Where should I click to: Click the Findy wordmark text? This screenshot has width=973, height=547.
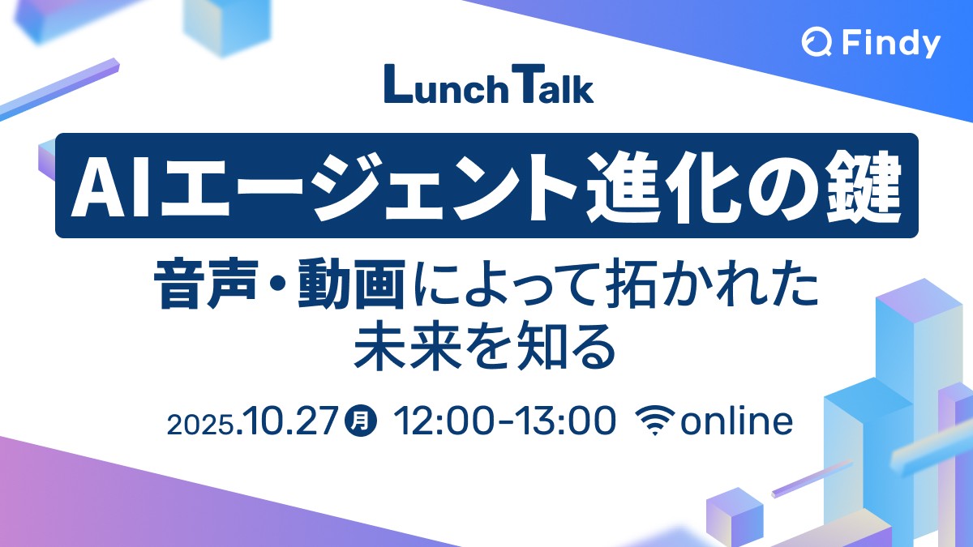click(x=891, y=43)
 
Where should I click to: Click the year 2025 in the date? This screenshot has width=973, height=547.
click(x=199, y=424)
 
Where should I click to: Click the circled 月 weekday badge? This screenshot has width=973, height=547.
click(x=361, y=421)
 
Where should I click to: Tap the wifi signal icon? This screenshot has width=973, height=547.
click(x=655, y=420)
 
